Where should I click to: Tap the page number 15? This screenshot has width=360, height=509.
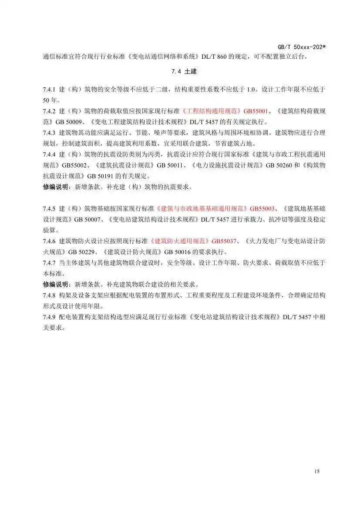(316, 472)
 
